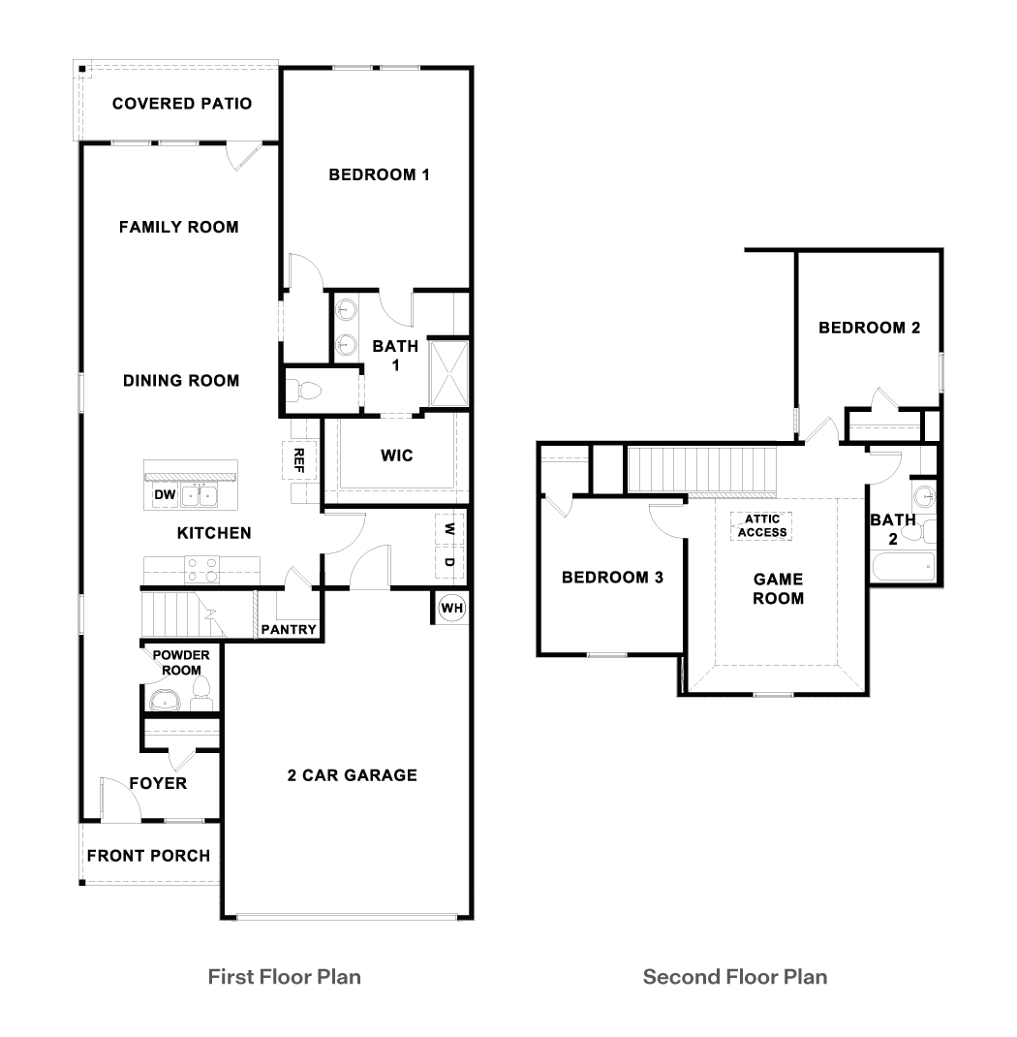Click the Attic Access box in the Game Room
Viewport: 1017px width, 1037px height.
click(761, 525)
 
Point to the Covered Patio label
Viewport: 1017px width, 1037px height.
click(182, 104)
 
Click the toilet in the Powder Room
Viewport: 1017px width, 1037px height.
click(202, 690)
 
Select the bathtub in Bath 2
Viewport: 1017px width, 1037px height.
click(903, 566)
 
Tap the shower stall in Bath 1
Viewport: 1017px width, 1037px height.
click(449, 372)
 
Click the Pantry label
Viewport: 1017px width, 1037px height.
click(289, 630)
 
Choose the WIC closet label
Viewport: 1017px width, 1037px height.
click(397, 455)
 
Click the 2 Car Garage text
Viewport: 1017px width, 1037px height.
click(353, 775)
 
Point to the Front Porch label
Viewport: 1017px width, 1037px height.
click(148, 856)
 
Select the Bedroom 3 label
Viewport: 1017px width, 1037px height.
click(612, 578)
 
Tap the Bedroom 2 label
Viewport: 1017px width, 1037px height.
click(869, 328)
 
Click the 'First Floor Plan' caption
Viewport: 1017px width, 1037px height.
click(285, 976)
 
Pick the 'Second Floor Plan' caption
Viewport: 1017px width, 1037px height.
click(735, 976)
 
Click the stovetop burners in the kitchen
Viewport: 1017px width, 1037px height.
click(204, 568)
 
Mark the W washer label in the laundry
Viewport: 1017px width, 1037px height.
click(449, 529)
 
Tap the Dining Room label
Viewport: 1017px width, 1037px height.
click(181, 381)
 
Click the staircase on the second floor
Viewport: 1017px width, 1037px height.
click(702, 469)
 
